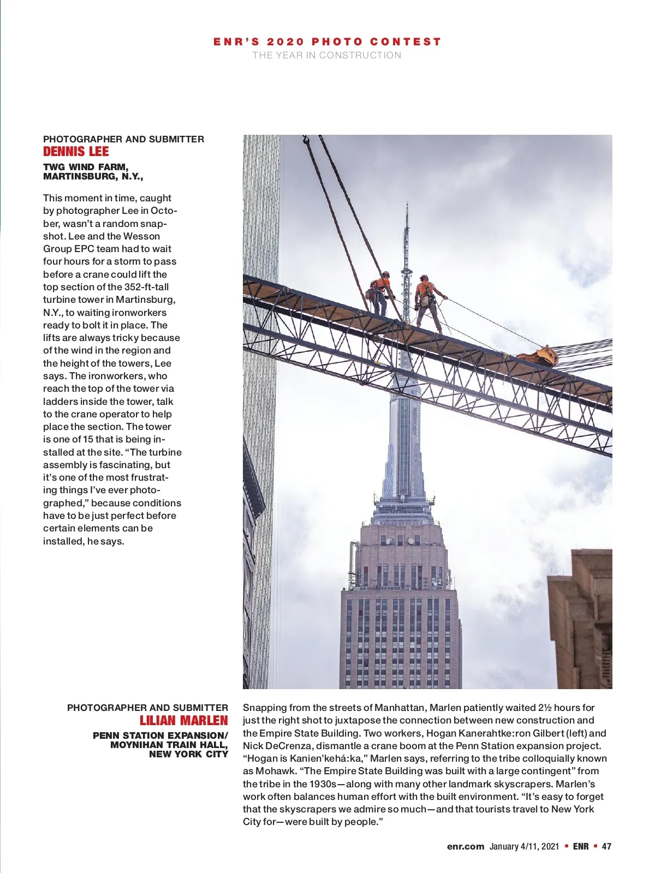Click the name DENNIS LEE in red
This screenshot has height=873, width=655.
76,152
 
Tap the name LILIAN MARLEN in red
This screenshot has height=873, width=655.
183,721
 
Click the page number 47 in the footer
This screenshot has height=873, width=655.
606,846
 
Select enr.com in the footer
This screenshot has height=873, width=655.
465,846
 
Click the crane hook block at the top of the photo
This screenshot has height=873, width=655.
306,141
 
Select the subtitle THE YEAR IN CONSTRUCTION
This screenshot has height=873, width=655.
326,55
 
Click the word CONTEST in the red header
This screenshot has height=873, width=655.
405,41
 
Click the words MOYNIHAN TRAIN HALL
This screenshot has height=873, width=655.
169,745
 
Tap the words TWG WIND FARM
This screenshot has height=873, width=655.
86,167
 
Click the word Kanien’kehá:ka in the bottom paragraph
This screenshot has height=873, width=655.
326,758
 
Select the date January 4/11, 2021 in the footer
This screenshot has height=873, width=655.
524,846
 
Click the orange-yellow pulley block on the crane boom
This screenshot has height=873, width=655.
539,355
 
